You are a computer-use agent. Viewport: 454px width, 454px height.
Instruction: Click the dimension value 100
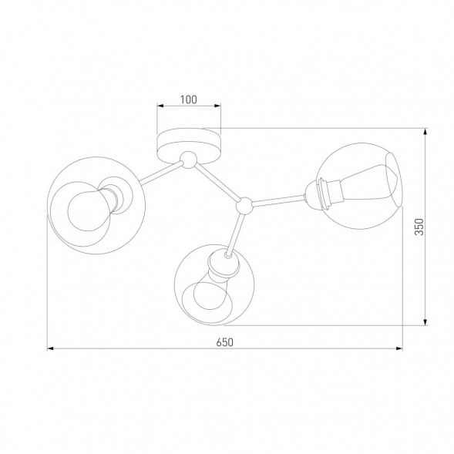click(189, 99)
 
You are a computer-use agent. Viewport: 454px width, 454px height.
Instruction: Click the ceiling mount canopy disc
click(188, 143)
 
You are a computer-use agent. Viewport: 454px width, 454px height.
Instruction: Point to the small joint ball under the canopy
click(186, 161)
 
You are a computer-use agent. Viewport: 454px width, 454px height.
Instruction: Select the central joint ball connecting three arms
click(244, 205)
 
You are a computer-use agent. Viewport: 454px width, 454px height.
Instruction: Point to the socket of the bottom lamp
click(221, 266)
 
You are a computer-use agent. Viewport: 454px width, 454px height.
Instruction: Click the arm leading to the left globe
click(157, 174)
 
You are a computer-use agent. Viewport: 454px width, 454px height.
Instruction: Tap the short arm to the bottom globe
click(235, 230)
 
